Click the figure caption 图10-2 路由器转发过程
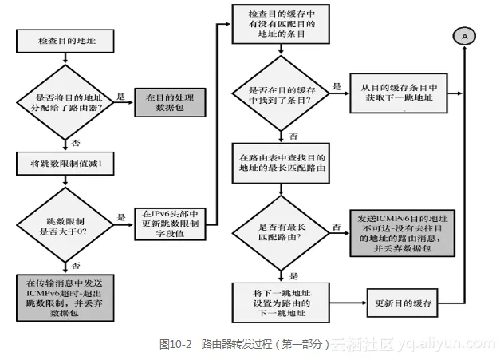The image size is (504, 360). point(244,344)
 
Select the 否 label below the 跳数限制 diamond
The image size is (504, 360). point(75,264)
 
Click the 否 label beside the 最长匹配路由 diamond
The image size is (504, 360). point(337,227)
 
